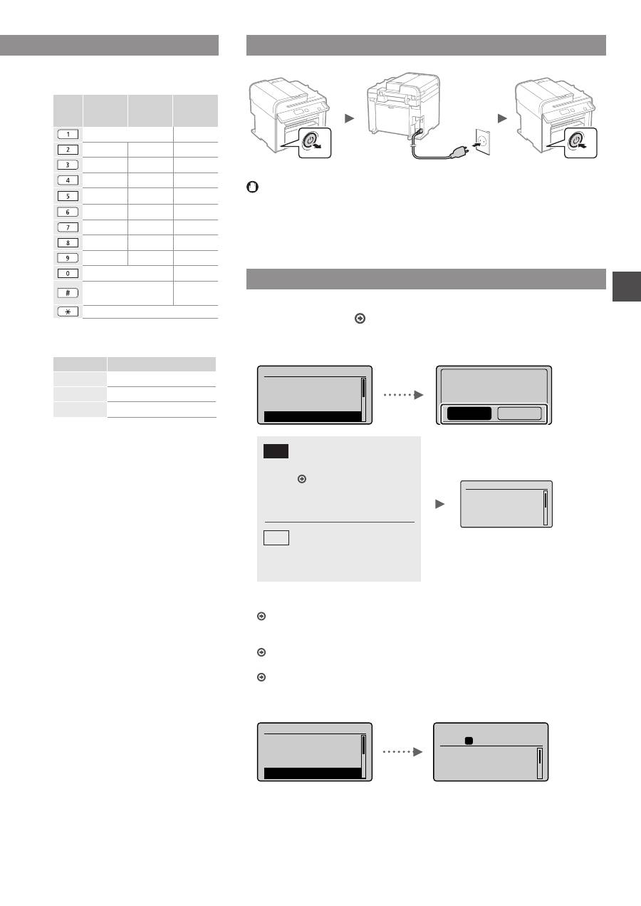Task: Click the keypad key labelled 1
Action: pyautogui.click(x=67, y=133)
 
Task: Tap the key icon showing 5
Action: pyautogui.click(x=67, y=196)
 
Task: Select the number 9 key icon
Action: pyautogui.click(x=67, y=258)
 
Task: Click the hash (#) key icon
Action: pyautogui.click(x=67, y=293)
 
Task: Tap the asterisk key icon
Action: pyautogui.click(x=67, y=312)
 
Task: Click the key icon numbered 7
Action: pyautogui.click(x=67, y=227)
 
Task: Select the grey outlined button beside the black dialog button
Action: pyautogui.click(x=518, y=413)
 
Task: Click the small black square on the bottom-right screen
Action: pyautogui.click(x=469, y=741)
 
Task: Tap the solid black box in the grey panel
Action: pyautogui.click(x=276, y=451)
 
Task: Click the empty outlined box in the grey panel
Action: pyautogui.click(x=276, y=537)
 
